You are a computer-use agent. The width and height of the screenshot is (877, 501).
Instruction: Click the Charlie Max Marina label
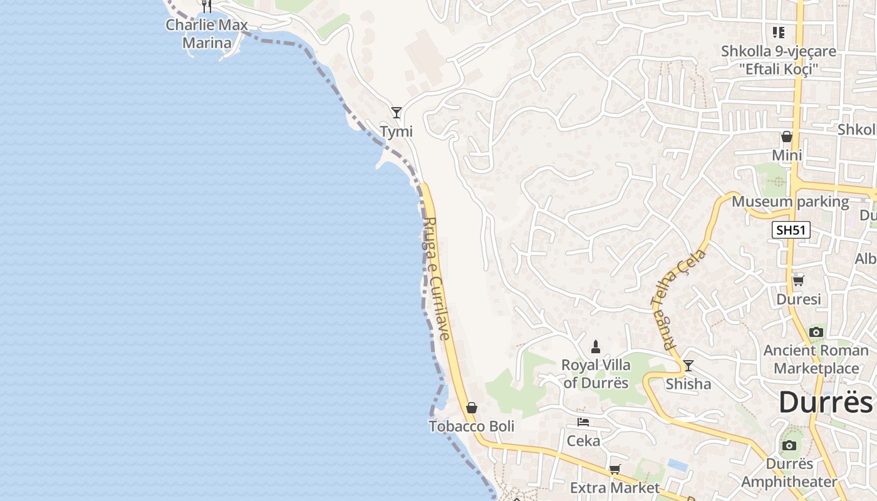point(207,34)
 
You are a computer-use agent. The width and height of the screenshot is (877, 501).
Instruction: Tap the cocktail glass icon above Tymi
point(397,113)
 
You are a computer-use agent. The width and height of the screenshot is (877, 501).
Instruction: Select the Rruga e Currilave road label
point(437,279)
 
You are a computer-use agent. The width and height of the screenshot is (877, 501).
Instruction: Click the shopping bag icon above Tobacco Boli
point(472,408)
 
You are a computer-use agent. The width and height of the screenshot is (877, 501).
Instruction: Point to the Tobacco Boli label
point(472,426)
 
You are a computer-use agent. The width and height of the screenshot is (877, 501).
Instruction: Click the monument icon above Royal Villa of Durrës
point(596,346)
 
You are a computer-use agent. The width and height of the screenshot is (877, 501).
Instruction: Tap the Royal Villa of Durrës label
point(596,373)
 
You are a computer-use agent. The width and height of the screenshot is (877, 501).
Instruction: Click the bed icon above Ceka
point(583,422)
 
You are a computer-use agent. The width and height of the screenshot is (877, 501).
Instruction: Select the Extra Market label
point(615,487)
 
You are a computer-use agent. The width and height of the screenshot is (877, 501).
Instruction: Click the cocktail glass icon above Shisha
point(688,366)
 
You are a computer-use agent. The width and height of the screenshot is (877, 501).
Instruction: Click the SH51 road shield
point(791,230)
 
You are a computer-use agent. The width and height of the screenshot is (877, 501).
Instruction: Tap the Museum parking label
point(791,202)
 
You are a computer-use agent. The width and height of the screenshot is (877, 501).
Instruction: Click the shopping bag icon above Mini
point(787,137)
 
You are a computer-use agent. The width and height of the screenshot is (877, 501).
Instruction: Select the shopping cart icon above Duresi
point(798,281)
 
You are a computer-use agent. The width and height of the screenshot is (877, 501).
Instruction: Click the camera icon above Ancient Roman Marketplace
point(816,332)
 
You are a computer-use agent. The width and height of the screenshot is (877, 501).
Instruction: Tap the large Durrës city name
point(826,402)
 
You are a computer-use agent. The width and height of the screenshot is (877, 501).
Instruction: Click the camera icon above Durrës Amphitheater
point(789,445)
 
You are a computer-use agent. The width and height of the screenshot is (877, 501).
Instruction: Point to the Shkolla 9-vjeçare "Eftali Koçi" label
point(779,59)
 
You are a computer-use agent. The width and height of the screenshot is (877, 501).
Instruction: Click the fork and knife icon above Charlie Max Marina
point(207,6)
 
